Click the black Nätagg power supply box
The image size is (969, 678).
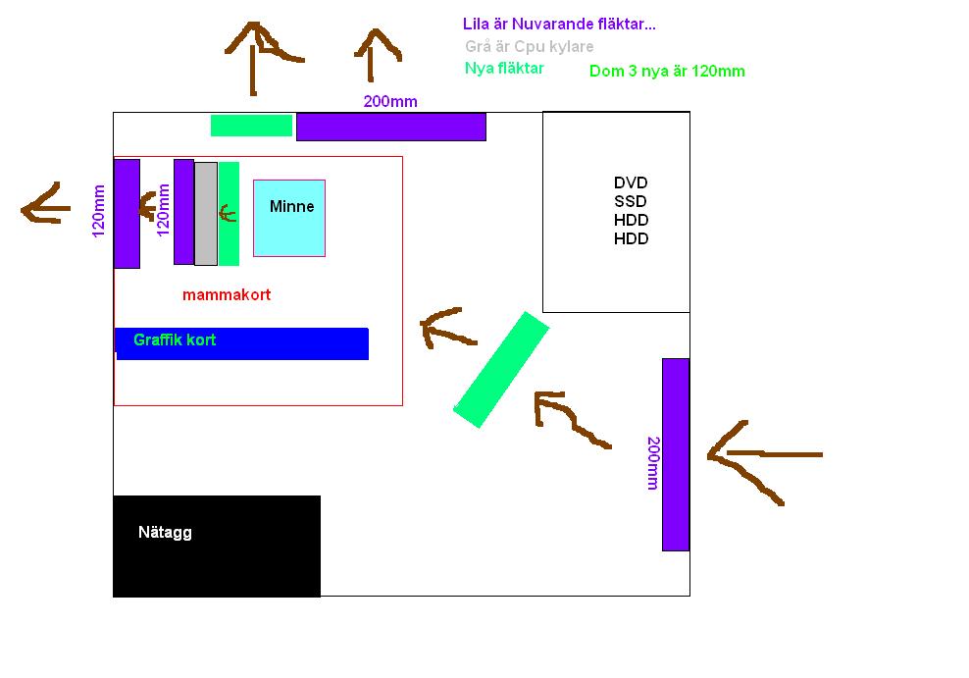[x=217, y=546]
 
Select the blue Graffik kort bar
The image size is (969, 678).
[x=241, y=343]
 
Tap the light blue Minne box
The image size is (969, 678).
[x=289, y=218]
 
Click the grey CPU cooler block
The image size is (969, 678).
[x=206, y=214]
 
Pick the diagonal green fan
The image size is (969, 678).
[x=501, y=370]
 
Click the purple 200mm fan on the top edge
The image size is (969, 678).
[x=391, y=127]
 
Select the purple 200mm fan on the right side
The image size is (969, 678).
[x=676, y=454]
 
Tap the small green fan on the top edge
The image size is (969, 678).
[x=251, y=126]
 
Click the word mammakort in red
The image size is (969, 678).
[x=227, y=294]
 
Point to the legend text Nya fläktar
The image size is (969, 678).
[x=504, y=68]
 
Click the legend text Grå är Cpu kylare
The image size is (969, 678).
[x=529, y=46]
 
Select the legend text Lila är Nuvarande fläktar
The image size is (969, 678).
[x=559, y=25]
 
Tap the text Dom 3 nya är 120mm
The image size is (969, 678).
[x=668, y=71]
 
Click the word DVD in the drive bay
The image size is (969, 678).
[x=631, y=183]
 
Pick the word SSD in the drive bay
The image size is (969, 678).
[x=631, y=201]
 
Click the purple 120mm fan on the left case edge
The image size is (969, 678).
[x=127, y=214]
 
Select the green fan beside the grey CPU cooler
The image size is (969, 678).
[x=229, y=214]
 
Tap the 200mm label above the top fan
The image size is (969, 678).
[x=390, y=101]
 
